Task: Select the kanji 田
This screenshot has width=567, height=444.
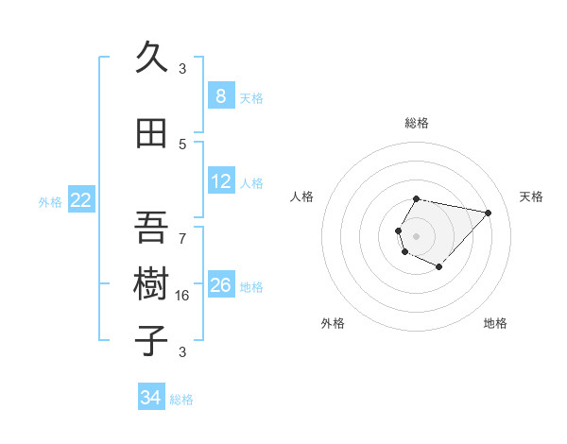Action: click(151, 133)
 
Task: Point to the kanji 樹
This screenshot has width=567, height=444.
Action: click(151, 283)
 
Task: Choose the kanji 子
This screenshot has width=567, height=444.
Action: click(151, 339)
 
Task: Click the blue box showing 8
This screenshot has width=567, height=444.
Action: click(220, 96)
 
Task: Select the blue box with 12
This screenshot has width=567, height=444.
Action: click(220, 181)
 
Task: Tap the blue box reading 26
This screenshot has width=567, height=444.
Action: click(220, 285)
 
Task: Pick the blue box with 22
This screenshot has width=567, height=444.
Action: click(81, 199)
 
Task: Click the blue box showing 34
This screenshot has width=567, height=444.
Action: click(150, 398)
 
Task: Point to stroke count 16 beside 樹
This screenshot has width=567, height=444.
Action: click(183, 295)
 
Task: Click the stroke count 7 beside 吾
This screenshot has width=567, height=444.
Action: click(182, 238)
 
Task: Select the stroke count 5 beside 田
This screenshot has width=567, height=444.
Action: click(182, 144)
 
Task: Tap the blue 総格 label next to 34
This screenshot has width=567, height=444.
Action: click(181, 400)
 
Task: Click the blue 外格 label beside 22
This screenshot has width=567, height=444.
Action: click(50, 201)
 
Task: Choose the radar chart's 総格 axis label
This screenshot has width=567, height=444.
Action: click(416, 123)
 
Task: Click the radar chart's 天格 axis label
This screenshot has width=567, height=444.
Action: click(531, 196)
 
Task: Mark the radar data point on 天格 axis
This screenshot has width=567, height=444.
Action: click(488, 213)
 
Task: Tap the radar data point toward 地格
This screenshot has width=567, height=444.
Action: click(438, 267)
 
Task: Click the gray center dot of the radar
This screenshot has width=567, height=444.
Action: click(416, 235)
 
